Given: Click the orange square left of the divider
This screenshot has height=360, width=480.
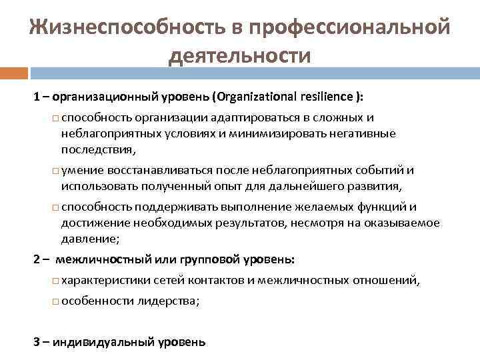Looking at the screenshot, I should click(13, 73).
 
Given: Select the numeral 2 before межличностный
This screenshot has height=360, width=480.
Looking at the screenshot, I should click(37, 259).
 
